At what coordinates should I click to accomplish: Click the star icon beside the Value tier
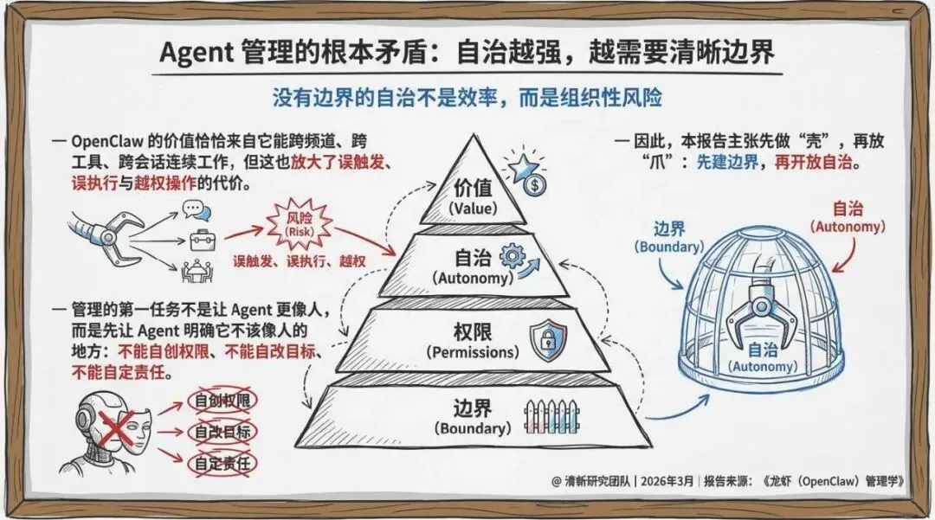(x=523, y=166)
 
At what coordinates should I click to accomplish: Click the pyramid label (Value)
(x=473, y=209)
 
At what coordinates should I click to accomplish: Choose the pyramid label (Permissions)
(x=472, y=353)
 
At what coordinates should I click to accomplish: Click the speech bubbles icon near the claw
(x=195, y=209)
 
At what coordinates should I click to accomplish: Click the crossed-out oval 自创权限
(x=223, y=401)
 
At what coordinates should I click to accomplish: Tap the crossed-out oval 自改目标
(x=223, y=432)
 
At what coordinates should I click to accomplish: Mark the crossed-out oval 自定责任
(x=223, y=463)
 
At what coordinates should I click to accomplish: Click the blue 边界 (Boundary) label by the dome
(x=669, y=236)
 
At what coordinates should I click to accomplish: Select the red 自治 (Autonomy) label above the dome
(x=847, y=216)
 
